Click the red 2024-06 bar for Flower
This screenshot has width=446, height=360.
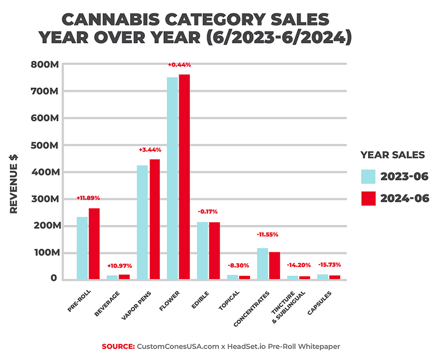point(184,177)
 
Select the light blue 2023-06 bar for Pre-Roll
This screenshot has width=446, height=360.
point(82,248)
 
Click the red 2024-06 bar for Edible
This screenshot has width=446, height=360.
point(214,251)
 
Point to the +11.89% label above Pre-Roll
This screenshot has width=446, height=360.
point(88,198)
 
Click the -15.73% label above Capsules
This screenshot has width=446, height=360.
point(329,265)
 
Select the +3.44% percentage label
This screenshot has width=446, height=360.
point(150,150)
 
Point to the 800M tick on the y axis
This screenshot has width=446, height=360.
point(45,64)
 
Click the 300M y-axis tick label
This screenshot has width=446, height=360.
point(45,199)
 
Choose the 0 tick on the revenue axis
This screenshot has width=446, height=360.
point(54,279)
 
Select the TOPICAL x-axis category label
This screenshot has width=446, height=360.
point(230,302)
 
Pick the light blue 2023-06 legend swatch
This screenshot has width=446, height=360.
point(368,177)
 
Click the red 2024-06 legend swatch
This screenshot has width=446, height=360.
point(368,198)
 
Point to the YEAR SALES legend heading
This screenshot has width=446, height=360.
point(393,155)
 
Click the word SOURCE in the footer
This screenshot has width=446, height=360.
point(118,347)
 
